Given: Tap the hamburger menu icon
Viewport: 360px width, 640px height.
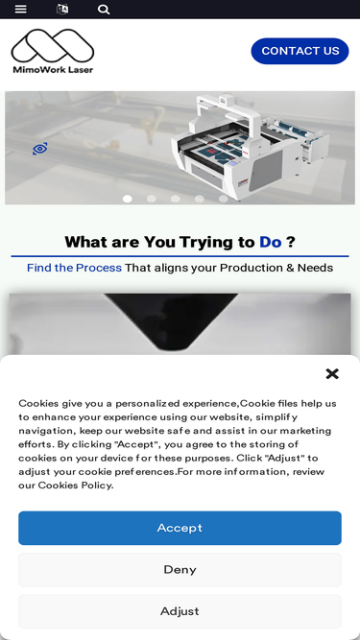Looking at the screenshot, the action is [x=21, y=9].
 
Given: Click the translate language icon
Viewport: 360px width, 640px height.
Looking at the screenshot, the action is [x=62, y=9].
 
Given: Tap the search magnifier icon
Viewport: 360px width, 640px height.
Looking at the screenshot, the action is [x=104, y=9].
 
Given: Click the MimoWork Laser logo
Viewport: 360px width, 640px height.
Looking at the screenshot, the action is [x=53, y=51].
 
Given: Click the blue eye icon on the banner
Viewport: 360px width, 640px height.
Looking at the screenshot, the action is [x=40, y=149].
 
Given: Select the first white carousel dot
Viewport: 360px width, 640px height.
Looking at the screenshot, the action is [x=128, y=199].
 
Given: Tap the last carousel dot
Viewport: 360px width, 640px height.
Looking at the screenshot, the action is [x=223, y=199].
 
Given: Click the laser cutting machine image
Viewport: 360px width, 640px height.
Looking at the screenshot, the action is [x=250, y=147].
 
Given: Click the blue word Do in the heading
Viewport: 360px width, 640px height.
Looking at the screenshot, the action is [x=270, y=242].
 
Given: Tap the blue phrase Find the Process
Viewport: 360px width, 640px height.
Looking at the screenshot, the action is [x=74, y=268].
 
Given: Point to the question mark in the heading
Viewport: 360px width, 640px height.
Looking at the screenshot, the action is [x=290, y=242].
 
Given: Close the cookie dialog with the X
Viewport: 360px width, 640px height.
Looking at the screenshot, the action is [x=332, y=373].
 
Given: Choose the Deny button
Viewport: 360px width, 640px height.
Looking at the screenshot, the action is [x=180, y=569].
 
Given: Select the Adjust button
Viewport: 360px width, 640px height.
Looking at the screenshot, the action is [x=180, y=611].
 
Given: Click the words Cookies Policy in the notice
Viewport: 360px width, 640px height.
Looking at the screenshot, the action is [x=75, y=485].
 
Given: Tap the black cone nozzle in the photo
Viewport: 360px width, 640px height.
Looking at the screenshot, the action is [x=171, y=321].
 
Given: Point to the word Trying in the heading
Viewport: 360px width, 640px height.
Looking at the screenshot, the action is [x=204, y=243].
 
